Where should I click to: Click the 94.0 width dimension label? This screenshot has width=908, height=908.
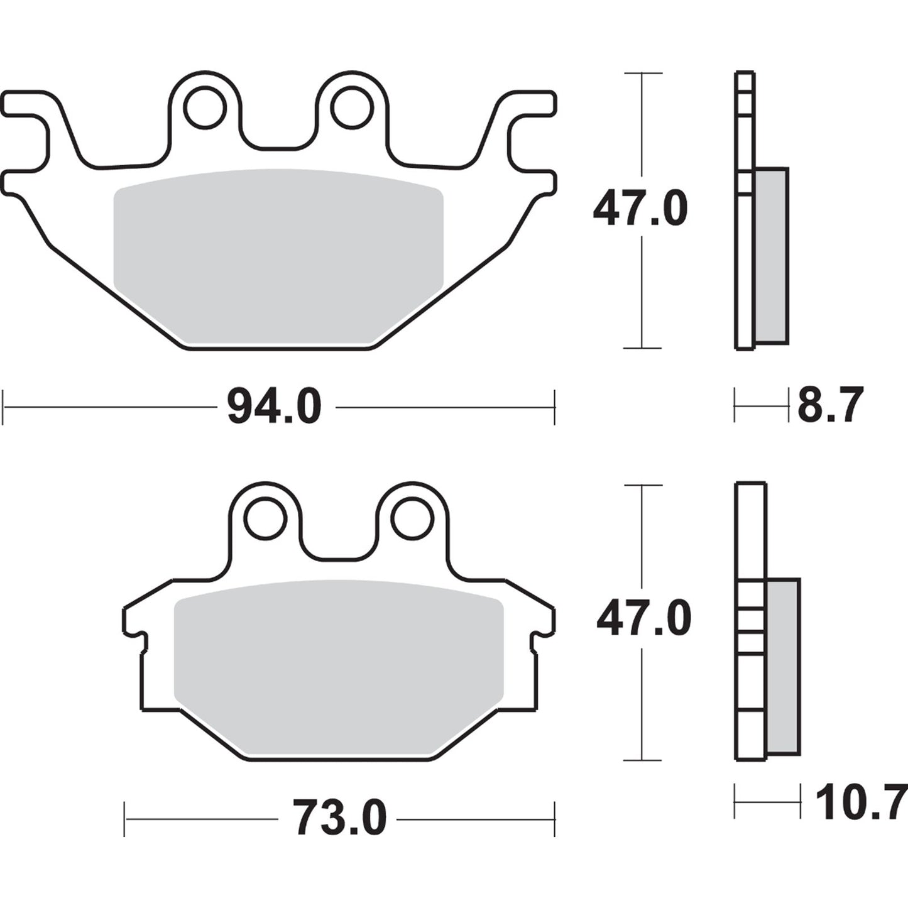coord(274,407)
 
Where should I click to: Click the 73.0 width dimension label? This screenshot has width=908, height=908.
coord(340,819)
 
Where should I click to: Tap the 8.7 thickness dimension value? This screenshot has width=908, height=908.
coord(830,405)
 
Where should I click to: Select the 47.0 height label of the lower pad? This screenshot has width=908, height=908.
coord(643,619)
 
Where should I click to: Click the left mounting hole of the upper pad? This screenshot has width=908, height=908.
coord(205,109)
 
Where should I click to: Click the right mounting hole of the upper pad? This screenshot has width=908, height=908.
coord(353,109)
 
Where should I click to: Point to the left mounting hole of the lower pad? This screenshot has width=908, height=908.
coord(266,518)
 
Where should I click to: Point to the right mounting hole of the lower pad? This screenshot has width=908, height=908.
coord(412,518)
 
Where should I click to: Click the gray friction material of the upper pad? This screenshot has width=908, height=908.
coord(278,254)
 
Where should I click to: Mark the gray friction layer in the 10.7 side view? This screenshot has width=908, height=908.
coord(783,666)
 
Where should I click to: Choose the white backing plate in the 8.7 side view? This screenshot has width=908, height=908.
coord(744,264)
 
